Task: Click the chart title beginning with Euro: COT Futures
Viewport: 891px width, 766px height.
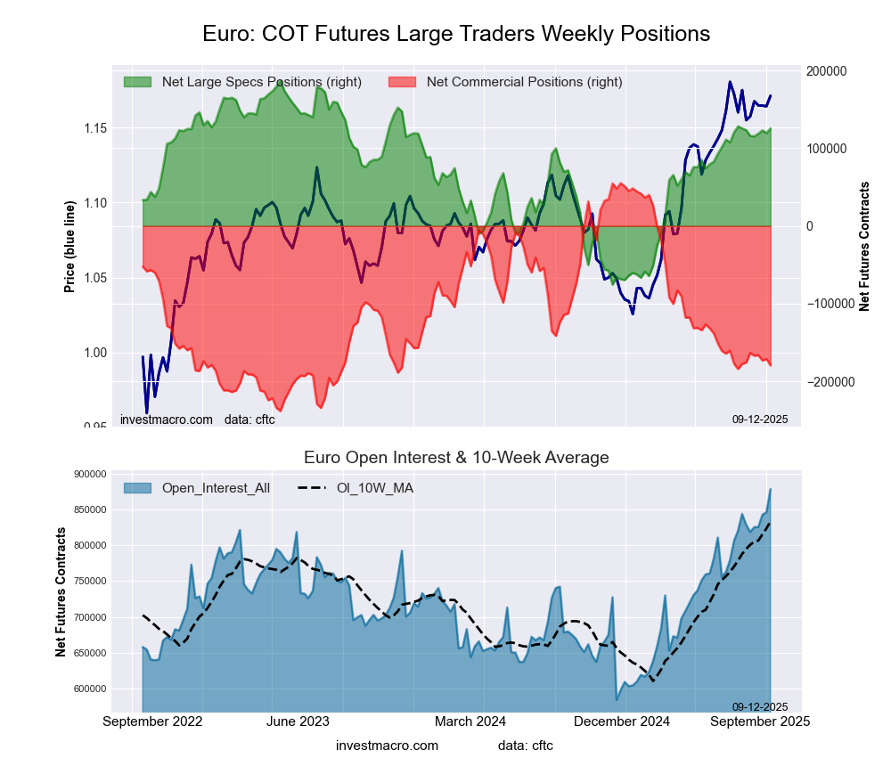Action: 455,34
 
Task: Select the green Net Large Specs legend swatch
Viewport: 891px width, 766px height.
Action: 137,82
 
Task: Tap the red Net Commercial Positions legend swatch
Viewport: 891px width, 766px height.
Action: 403,82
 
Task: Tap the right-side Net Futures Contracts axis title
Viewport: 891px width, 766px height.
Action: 863,246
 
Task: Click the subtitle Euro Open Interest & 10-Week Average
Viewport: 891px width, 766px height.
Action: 456,458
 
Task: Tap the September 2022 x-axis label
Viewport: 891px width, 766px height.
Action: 152,721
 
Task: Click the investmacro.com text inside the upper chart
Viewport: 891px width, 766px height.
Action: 167,419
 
